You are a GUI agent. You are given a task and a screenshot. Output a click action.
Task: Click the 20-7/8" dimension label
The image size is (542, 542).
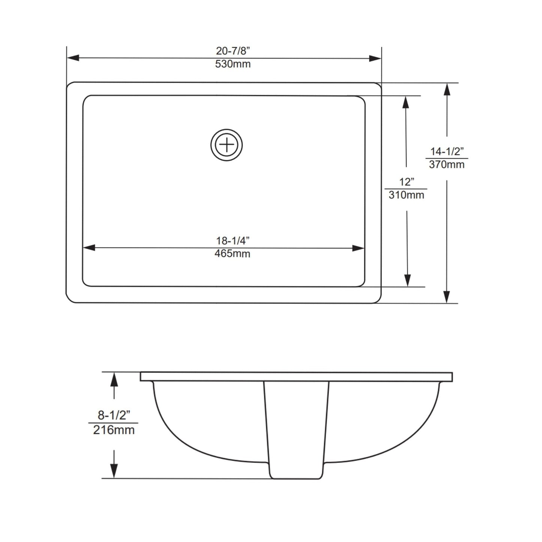coord(233,51)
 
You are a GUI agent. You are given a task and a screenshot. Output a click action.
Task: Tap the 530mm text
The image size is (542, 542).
coord(233,64)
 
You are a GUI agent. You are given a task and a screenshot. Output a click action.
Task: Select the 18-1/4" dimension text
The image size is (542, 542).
coord(233,240)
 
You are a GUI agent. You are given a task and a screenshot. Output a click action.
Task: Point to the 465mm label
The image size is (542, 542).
coord(232,254)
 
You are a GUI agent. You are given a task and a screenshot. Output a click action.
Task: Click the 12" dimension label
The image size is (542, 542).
coord(406,182)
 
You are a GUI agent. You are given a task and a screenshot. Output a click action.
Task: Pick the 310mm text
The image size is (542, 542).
coord(406,195)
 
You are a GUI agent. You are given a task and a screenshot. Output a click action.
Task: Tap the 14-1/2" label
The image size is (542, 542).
coord(447,152)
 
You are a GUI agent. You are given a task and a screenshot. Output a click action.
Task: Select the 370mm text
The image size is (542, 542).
coord(447,165)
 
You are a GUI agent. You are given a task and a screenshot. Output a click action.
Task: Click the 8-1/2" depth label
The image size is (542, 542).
coord(114,415)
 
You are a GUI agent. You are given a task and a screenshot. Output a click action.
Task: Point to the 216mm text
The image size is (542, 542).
coord(114,430)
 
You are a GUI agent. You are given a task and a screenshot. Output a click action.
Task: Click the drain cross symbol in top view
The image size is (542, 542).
coord(227,145)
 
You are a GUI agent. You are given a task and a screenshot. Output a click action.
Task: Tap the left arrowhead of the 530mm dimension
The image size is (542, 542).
coord(73,58)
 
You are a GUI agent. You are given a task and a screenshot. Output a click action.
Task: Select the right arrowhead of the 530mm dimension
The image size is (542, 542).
coord(375,58)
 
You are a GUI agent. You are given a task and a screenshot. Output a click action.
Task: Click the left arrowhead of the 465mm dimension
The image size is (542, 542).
coord(89,248)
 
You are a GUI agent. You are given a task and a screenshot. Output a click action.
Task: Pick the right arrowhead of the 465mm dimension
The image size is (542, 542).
coord(358,248)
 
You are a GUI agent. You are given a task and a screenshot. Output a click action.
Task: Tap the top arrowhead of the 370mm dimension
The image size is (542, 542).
coord(447,90)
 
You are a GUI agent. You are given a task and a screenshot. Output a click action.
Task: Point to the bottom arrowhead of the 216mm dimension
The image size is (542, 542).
coord(114,471)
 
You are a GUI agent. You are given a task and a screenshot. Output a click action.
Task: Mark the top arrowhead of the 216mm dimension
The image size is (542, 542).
coord(114,380)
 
